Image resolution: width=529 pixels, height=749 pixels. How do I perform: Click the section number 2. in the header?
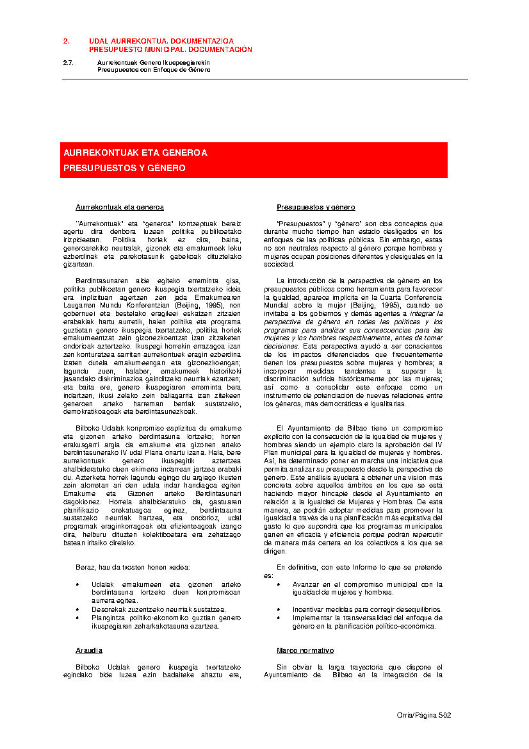pos(65,41)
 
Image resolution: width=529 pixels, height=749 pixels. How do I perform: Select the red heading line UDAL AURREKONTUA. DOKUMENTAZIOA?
pos(161,41)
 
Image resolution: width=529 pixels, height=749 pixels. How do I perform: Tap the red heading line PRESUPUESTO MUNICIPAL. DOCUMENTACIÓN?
pos(170,49)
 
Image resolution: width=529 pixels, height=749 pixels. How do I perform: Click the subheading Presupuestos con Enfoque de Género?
pos(154,69)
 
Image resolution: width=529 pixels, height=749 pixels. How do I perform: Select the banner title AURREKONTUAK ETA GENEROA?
pos(135,153)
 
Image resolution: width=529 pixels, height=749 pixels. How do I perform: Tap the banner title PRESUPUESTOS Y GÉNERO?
pos(124,168)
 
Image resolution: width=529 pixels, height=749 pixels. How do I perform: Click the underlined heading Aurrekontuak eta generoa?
pos(120,207)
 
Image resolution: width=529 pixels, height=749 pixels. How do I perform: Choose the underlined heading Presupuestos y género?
pos(316,207)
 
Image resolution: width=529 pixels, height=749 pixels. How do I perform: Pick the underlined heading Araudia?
pos(89,650)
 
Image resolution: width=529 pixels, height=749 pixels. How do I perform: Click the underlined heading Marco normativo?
pos(305,650)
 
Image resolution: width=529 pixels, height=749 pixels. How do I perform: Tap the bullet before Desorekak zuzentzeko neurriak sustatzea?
pos(78,609)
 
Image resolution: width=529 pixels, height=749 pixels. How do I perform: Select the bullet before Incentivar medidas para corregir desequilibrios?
pos(279,609)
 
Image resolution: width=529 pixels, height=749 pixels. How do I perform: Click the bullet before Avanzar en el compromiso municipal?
pos(279,584)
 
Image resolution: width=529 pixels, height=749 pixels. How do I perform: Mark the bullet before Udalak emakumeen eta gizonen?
pos(78,584)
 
